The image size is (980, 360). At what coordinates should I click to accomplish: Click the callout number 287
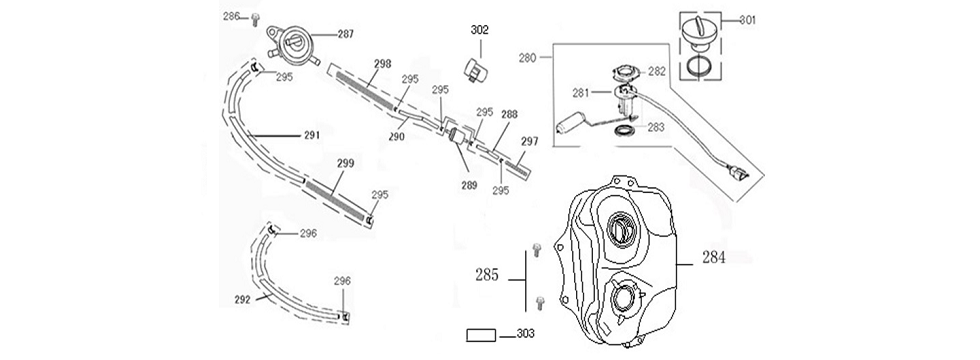(x=346, y=34)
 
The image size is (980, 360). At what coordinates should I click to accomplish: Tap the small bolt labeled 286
(x=255, y=20)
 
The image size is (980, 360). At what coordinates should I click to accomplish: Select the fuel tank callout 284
(x=713, y=257)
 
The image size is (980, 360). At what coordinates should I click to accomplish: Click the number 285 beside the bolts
(x=487, y=274)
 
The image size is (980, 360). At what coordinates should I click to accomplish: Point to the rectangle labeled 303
(x=481, y=335)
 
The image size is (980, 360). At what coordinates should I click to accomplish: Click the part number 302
(x=479, y=30)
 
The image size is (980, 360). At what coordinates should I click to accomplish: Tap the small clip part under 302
(x=477, y=69)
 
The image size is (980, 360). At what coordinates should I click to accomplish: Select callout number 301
(x=748, y=20)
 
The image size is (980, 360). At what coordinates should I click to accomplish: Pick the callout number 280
(x=528, y=58)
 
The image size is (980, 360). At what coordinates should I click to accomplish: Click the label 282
(x=657, y=72)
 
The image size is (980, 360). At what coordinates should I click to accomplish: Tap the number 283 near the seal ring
(x=656, y=127)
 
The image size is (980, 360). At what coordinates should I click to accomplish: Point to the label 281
(x=581, y=93)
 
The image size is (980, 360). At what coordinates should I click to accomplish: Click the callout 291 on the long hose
(x=312, y=135)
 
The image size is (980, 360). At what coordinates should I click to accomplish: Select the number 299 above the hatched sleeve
(x=346, y=164)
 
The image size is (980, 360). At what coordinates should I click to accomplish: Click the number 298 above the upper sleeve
(x=382, y=64)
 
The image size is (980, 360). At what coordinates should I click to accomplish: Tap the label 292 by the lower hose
(x=242, y=299)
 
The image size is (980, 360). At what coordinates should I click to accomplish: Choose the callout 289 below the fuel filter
(x=469, y=185)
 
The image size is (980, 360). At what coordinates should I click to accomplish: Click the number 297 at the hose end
(x=529, y=142)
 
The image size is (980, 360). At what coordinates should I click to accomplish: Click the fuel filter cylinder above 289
(x=459, y=139)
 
